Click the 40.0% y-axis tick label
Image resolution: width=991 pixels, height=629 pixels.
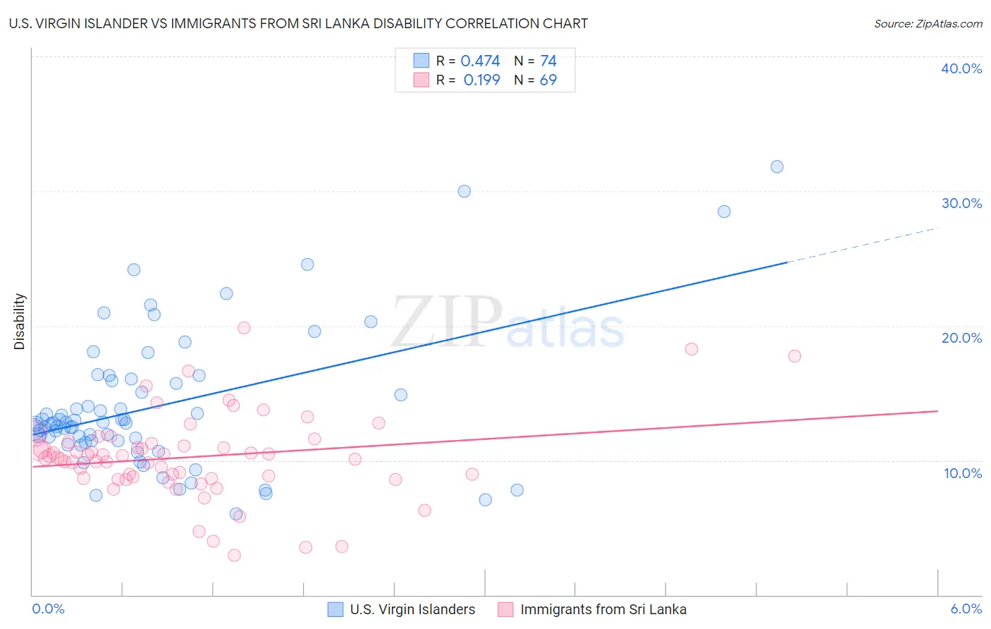[961, 68]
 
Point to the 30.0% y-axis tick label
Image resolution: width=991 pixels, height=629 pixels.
[961, 203]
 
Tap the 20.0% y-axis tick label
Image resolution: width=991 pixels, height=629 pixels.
[961, 338]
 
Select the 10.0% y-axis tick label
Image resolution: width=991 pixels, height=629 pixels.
[962, 473]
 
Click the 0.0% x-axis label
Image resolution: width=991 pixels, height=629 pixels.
[48, 609]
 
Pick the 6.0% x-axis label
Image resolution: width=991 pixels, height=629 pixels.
[966, 609]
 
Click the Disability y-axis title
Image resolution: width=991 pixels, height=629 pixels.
[20, 322]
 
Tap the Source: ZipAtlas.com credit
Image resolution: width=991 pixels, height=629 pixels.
[928, 24]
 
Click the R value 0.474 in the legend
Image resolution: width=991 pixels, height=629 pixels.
[480, 61]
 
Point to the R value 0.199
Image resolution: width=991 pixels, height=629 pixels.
[481, 80]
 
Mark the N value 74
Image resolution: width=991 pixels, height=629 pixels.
[548, 61]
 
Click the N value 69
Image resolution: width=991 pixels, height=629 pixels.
[548, 80]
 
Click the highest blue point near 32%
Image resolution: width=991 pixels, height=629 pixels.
[777, 167]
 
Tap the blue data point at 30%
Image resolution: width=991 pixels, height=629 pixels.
[464, 191]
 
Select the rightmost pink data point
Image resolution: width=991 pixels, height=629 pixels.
[794, 356]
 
